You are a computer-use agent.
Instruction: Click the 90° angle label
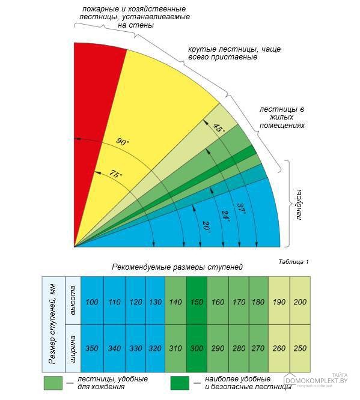(123, 142)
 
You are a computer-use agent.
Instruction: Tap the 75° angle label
(116, 174)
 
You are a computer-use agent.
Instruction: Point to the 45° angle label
(219, 128)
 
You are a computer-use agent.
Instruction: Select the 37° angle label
(241, 208)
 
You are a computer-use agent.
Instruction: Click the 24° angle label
(226, 217)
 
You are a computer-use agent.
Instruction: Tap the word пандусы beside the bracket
(299, 204)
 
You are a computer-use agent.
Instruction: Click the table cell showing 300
(197, 348)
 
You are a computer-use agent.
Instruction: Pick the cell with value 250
(300, 348)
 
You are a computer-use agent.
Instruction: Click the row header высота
(73, 300)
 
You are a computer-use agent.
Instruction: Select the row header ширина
(73, 348)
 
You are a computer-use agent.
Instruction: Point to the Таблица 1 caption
(294, 262)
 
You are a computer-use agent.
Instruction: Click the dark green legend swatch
(180, 383)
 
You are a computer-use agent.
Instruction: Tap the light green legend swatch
(53, 383)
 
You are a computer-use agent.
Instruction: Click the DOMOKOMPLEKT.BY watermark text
(317, 381)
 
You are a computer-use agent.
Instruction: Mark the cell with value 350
(92, 348)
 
